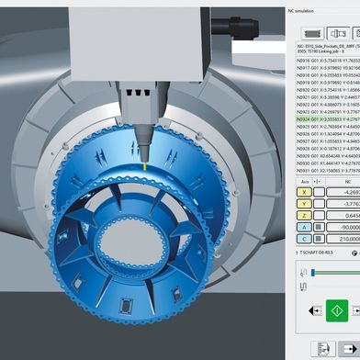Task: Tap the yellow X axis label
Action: coord(304,192)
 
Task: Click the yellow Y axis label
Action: coord(304,204)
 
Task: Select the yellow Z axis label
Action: coord(304,217)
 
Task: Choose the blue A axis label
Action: coord(304,229)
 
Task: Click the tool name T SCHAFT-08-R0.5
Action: coord(321,253)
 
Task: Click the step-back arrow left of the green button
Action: coord(308,310)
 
